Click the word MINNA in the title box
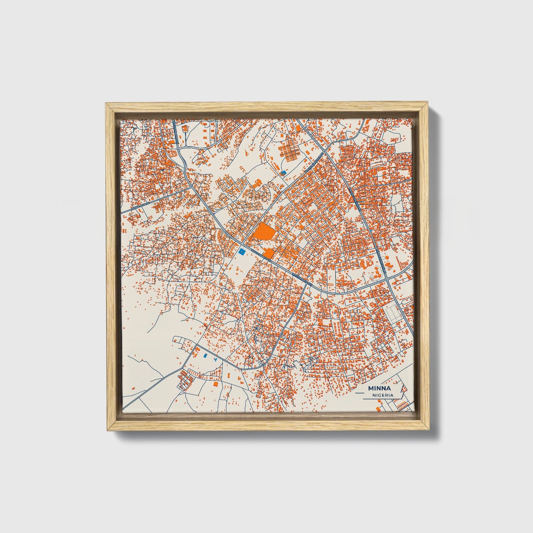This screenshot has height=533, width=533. [379, 388]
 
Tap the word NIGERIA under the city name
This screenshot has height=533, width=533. [383, 395]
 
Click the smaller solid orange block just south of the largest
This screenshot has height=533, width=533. [269, 253]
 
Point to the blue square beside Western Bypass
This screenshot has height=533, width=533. [242, 252]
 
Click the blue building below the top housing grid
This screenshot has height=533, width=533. [283, 172]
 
